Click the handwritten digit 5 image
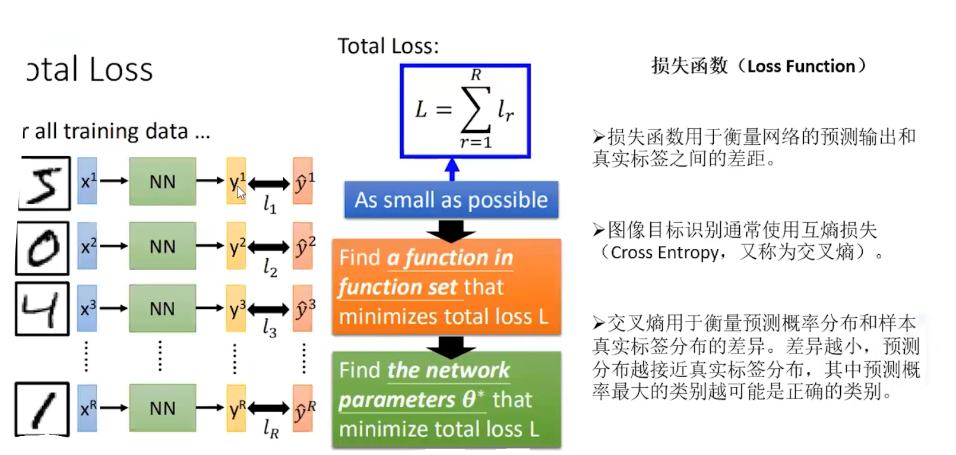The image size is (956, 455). point(45,184)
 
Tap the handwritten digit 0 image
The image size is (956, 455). point(43,248)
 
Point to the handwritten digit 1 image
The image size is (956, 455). point(42,409)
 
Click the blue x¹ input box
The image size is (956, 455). point(87,181)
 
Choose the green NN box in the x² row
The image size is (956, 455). point(162,247)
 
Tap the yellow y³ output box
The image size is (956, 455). point(236,309)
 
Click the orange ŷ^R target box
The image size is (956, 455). point(303,409)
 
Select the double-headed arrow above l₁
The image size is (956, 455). point(269,184)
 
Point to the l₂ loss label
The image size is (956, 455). point(270,267)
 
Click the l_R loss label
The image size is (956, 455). point(271,428)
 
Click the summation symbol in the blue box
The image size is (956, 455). point(476,109)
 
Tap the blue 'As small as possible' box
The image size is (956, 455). point(451,200)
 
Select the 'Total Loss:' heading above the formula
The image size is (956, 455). point(388,46)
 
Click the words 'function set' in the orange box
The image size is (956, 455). point(398,287)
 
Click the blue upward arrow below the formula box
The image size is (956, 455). point(452,169)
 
